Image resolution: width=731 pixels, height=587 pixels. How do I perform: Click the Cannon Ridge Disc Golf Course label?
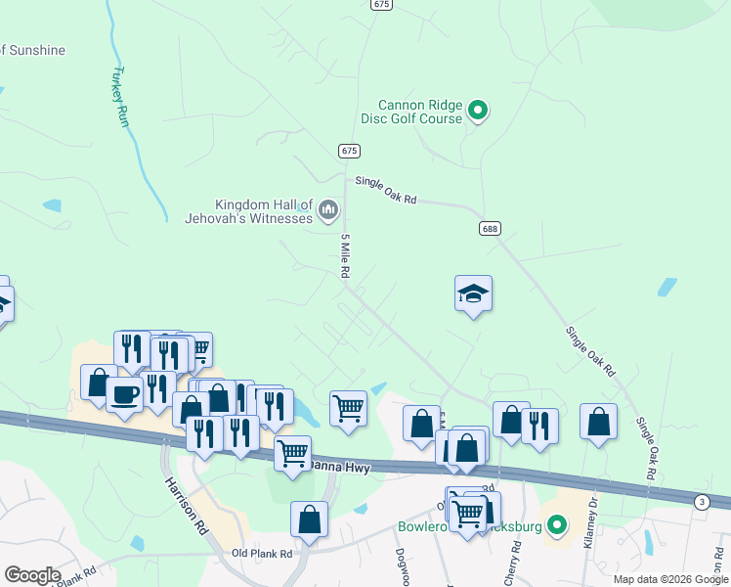pos(420,113)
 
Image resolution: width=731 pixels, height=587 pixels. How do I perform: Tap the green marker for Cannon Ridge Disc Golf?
pos(478,112)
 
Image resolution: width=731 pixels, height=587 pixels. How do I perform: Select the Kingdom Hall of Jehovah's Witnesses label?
pos(249,210)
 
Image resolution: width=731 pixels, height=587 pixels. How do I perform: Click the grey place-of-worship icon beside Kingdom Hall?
pos(328,209)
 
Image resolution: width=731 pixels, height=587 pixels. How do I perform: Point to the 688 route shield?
pos(491,228)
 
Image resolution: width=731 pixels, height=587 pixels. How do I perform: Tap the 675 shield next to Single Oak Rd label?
pos(350,151)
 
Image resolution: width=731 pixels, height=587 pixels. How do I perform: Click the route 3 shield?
pos(701,502)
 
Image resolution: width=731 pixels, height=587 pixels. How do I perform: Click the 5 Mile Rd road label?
pos(345,256)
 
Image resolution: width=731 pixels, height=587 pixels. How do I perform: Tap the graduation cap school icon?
pos(473,293)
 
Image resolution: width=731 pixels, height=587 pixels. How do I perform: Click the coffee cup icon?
pos(124,394)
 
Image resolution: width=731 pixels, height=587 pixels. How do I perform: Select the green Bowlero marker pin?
pos(557,526)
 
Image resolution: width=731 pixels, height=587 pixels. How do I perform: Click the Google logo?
pos(32,575)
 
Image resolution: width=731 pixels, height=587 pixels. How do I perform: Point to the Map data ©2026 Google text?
pos(669,579)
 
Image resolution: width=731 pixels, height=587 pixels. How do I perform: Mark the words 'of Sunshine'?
pos(33,50)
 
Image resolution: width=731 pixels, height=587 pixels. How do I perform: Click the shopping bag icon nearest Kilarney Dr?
pos(598,422)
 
